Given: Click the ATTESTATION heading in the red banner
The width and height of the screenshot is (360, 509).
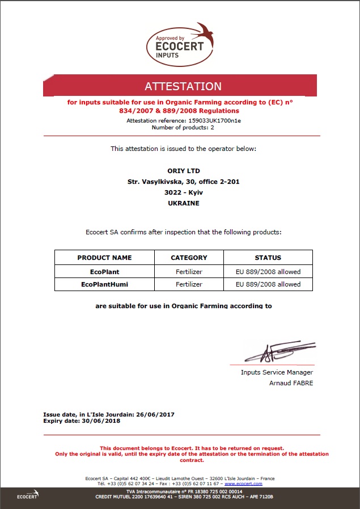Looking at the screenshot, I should pos(183,87).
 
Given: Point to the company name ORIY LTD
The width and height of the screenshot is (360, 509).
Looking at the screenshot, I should pos(184,171).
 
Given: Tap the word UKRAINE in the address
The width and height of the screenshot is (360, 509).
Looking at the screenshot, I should pos(184,203).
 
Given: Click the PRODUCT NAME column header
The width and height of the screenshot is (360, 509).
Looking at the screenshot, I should pos(104,258).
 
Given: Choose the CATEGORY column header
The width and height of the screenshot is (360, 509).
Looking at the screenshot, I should pos(189,258).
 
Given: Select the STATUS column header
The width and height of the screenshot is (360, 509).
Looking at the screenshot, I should pos(268,258).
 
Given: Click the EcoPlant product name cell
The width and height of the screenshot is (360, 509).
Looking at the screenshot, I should pos(104,271).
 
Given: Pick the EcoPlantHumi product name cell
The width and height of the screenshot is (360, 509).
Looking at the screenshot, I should pos(104,284).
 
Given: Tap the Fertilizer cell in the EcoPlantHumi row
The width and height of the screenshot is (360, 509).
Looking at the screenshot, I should pos(189,284).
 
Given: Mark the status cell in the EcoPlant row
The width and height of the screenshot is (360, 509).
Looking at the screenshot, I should pos(268,271).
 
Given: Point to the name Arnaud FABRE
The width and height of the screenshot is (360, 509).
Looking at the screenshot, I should pos(291,383).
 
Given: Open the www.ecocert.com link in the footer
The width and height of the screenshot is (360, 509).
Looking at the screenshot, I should pos(243,483).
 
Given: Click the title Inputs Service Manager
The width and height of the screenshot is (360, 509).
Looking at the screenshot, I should pos(277,372).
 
